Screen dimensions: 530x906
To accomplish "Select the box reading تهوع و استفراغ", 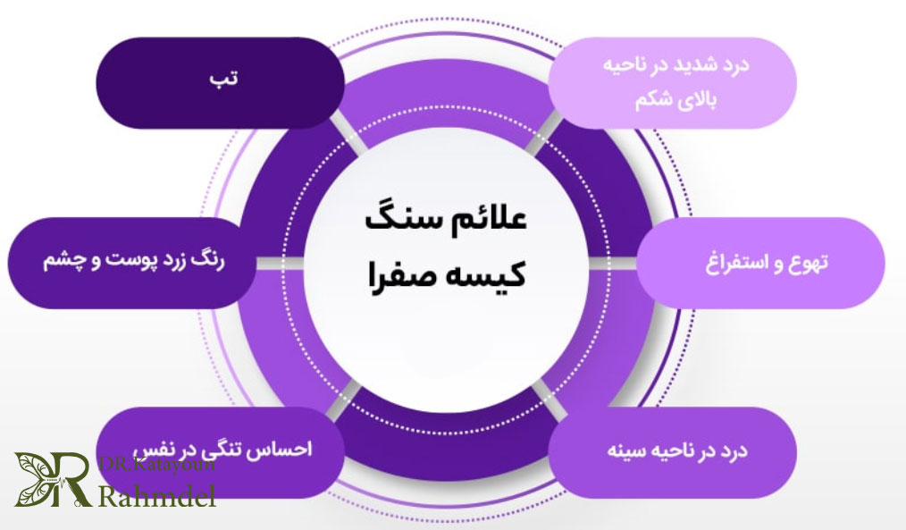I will [759, 264].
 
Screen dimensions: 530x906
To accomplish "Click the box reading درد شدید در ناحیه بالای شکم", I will [671, 82].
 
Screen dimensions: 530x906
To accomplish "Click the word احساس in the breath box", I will [288, 450].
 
